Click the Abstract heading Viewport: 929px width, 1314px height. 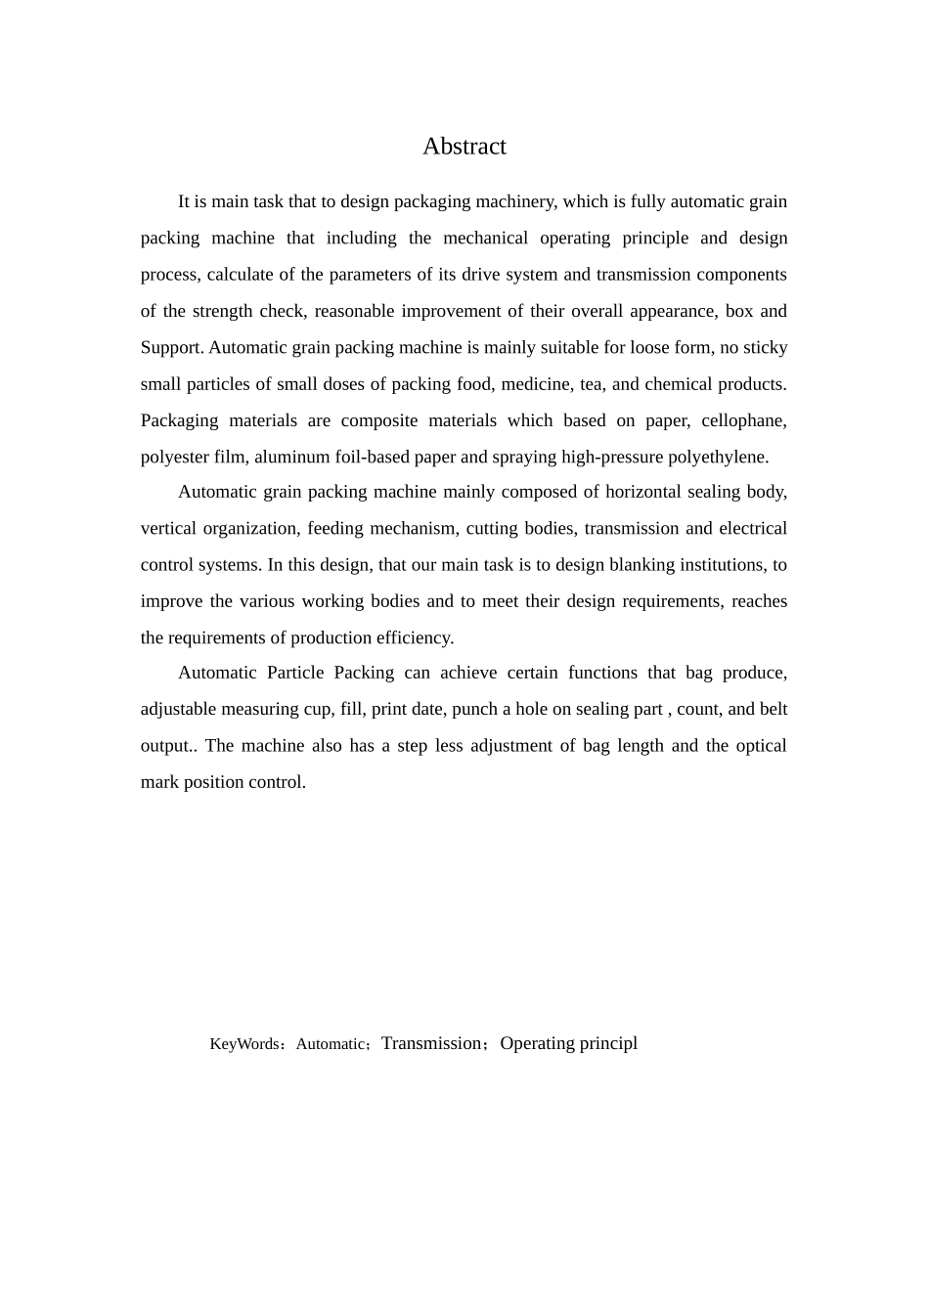464,147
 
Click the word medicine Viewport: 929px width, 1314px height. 535,384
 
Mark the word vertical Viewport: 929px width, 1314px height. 167,529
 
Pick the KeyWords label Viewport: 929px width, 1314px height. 244,1044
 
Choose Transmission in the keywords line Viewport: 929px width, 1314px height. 431,1043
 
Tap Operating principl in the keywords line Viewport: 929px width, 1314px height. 568,1043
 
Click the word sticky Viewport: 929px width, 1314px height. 765,348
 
